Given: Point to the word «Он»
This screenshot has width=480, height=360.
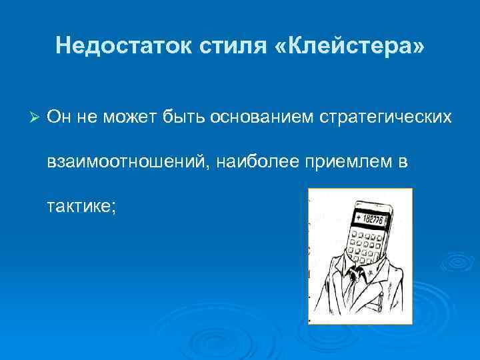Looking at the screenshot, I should click(58, 117).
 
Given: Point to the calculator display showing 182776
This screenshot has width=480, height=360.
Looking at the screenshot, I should click(371, 219).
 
